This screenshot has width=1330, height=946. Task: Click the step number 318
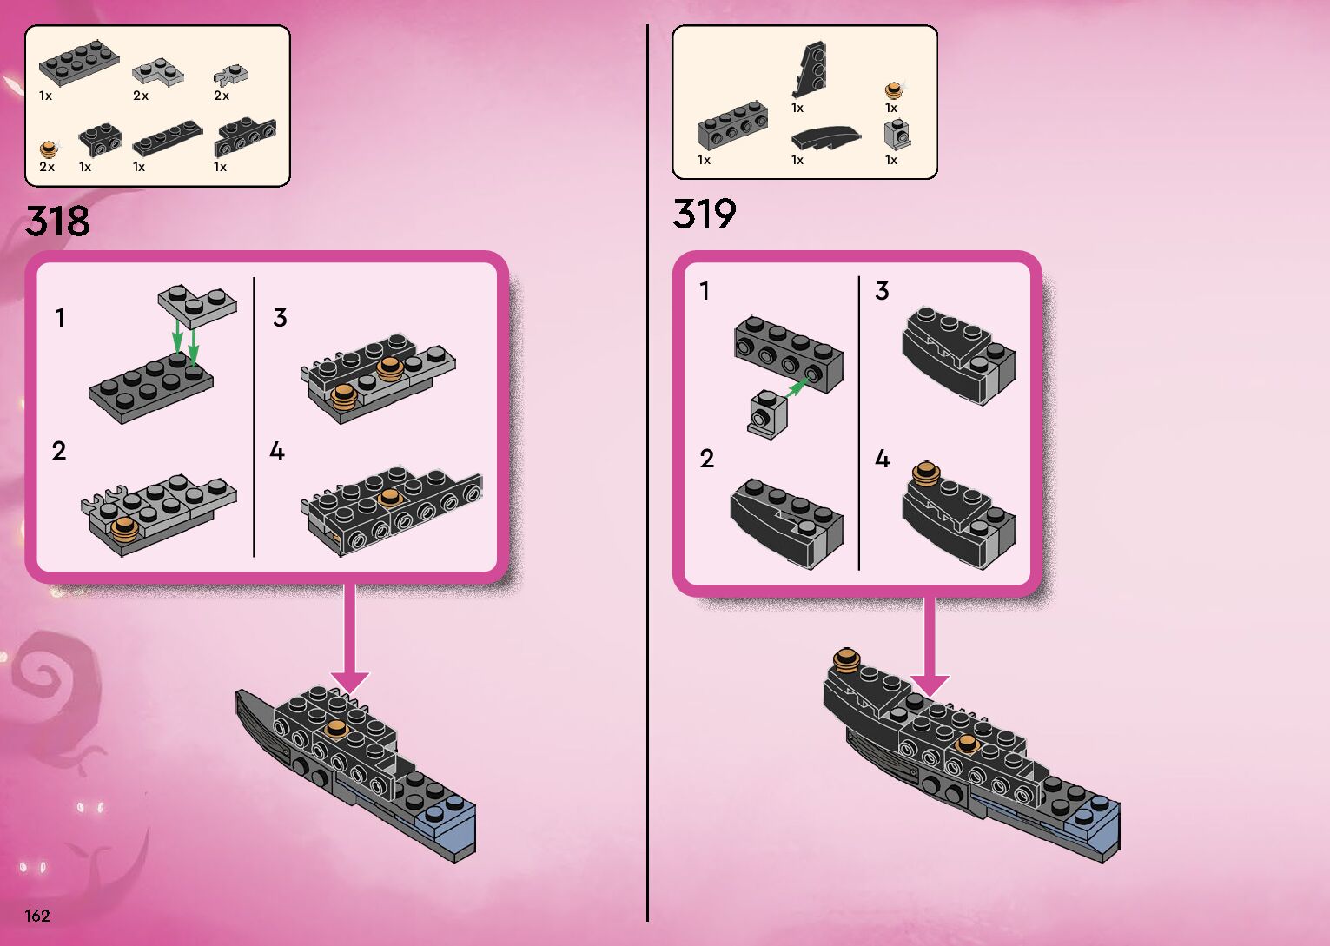[x=57, y=221]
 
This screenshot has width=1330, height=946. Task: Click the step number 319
[x=704, y=214]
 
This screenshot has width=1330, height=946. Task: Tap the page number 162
[x=37, y=916]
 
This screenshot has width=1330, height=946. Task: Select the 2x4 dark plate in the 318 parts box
[x=77, y=63]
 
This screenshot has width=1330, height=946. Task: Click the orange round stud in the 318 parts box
[x=48, y=149]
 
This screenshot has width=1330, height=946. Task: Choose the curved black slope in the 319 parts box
[x=825, y=136]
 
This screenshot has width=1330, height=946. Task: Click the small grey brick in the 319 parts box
[x=897, y=134]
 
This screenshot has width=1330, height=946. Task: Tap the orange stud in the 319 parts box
[x=892, y=89]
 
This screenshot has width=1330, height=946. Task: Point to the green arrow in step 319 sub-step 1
[x=795, y=386]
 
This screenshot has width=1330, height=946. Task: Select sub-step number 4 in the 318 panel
[x=277, y=451]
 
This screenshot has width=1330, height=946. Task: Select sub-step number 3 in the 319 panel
[x=882, y=291]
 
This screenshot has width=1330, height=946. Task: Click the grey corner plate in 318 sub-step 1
[x=196, y=301]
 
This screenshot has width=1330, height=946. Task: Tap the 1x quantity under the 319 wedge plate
[x=797, y=108]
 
